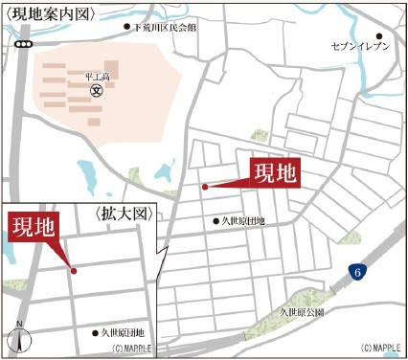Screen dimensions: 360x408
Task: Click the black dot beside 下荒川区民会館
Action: pyautogui.click(x=127, y=28)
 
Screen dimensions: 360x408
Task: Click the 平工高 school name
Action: pyautogui.click(x=96, y=77)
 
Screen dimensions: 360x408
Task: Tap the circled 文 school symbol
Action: pyautogui.click(x=96, y=91)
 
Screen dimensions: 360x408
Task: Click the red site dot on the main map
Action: pyautogui.click(x=204, y=187)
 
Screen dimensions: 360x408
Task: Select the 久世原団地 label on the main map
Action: pyautogui.click(x=244, y=221)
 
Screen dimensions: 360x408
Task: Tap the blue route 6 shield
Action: pyautogui.click(x=355, y=273)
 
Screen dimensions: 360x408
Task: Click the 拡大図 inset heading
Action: pyautogui.click(x=125, y=214)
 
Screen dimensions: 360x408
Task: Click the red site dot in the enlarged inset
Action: pyautogui.click(x=74, y=270)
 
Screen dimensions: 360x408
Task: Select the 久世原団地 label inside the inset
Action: pyautogui.click(x=124, y=333)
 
